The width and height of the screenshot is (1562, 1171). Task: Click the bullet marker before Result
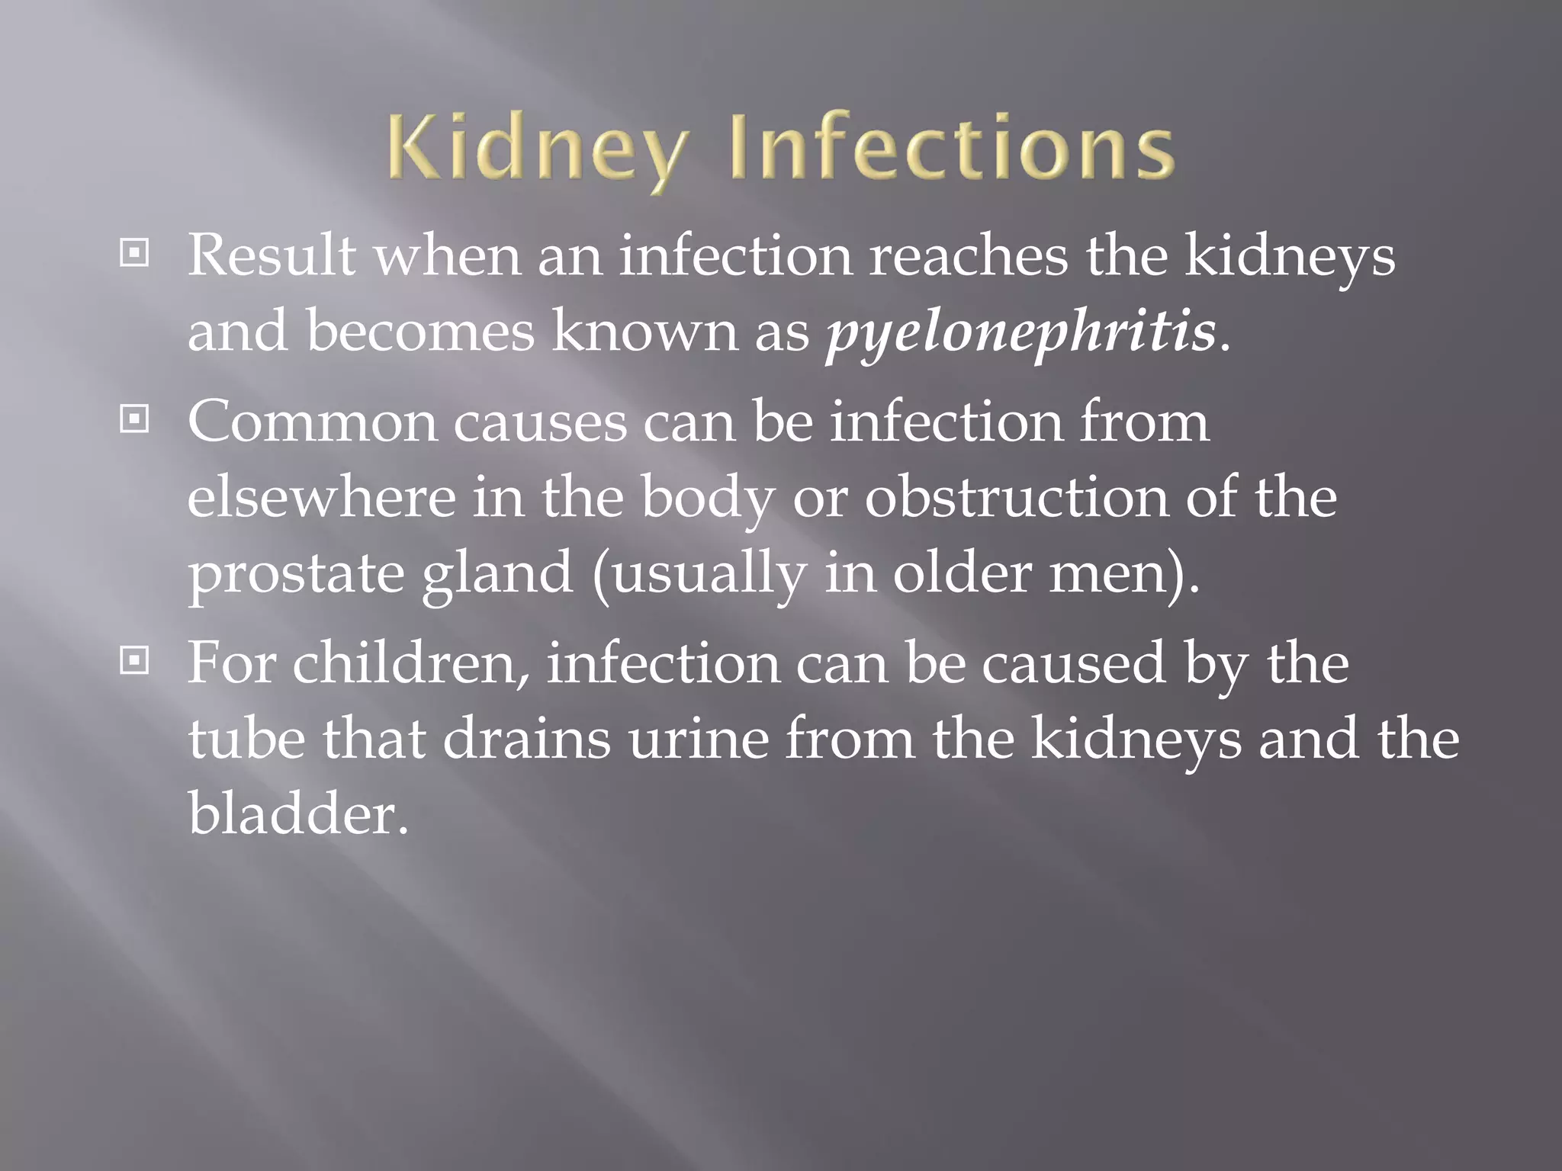click(134, 254)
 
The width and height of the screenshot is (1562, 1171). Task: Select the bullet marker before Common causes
click(134, 419)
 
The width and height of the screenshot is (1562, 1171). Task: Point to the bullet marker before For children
click(134, 661)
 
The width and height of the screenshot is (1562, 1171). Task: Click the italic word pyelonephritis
click(1021, 333)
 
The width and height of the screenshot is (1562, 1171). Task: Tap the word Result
click(272, 255)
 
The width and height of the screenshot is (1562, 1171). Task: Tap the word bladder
click(297, 813)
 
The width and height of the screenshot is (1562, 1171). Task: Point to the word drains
click(526, 739)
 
